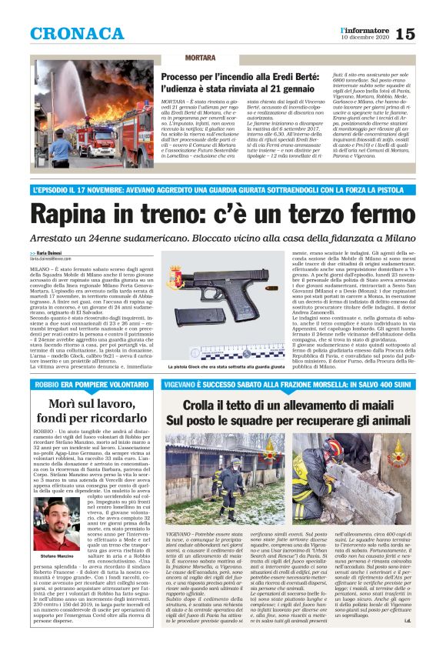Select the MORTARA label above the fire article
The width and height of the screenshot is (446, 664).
[179, 58]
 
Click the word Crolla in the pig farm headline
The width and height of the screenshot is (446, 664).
[205, 405]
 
